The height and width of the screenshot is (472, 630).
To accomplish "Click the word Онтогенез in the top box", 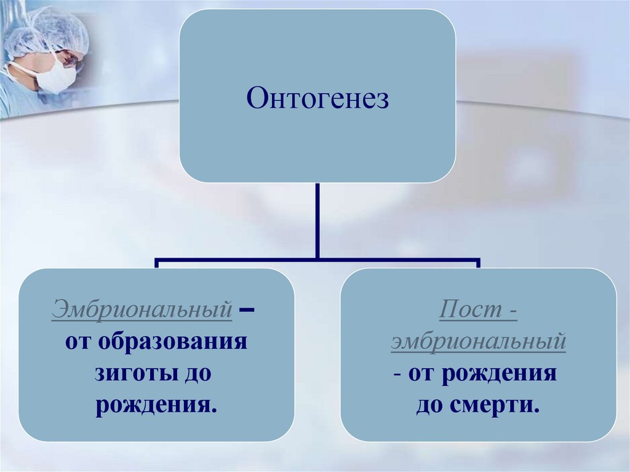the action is tap(317, 98).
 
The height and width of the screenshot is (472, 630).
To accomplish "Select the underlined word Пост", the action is tap(466, 310).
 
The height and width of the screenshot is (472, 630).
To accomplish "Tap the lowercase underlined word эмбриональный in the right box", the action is tap(478, 342).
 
